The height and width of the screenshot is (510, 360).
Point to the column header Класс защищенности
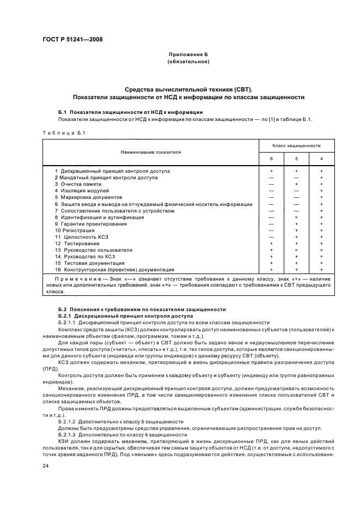[x=296, y=146]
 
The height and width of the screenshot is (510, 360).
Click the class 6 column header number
[x=271, y=159]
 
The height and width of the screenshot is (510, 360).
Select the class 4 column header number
[x=321, y=159]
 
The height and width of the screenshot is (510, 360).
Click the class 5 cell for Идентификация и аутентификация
[x=296, y=217]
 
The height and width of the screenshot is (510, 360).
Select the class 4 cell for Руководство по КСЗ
[x=321, y=256]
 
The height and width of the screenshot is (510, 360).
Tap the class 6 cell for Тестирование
[x=271, y=243]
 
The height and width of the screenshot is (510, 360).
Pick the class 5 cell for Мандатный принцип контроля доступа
[x=296, y=178]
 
